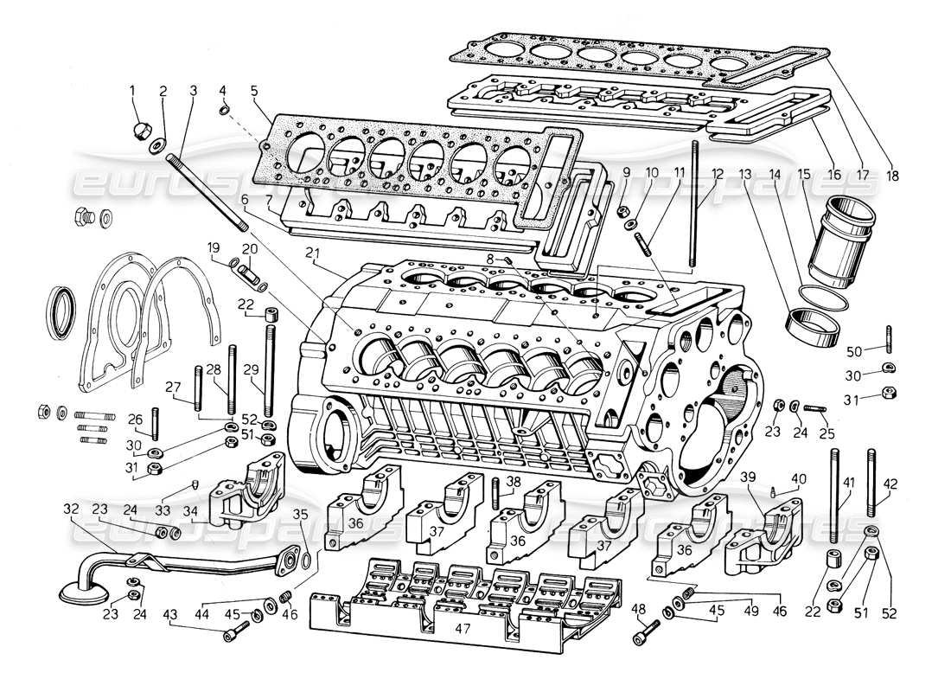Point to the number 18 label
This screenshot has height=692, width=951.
pyautogui.click(x=892, y=176)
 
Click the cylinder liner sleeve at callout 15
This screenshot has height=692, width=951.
pyautogui.click(x=838, y=247)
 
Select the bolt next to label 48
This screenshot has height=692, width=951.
pyautogui.click(x=641, y=638)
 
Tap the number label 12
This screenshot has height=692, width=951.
pyautogui.click(x=717, y=173)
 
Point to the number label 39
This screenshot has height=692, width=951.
pyautogui.click(x=748, y=478)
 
